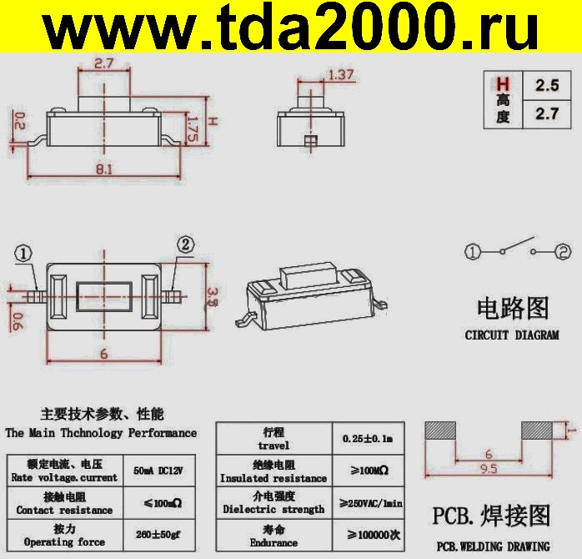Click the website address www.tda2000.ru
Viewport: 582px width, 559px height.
click(291, 32)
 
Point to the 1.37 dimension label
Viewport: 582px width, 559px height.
click(341, 75)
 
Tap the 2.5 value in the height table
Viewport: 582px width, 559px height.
click(546, 85)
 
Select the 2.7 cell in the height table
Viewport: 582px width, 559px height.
click(546, 114)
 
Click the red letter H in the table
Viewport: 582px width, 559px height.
click(502, 84)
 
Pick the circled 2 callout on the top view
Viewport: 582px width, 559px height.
click(185, 244)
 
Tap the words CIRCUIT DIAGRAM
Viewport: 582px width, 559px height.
click(512, 335)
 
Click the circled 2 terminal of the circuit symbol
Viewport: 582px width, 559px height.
click(564, 251)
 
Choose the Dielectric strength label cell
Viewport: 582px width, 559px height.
click(273, 503)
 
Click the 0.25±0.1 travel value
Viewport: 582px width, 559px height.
click(368, 439)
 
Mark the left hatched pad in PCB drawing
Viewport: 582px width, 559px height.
click(440, 431)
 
